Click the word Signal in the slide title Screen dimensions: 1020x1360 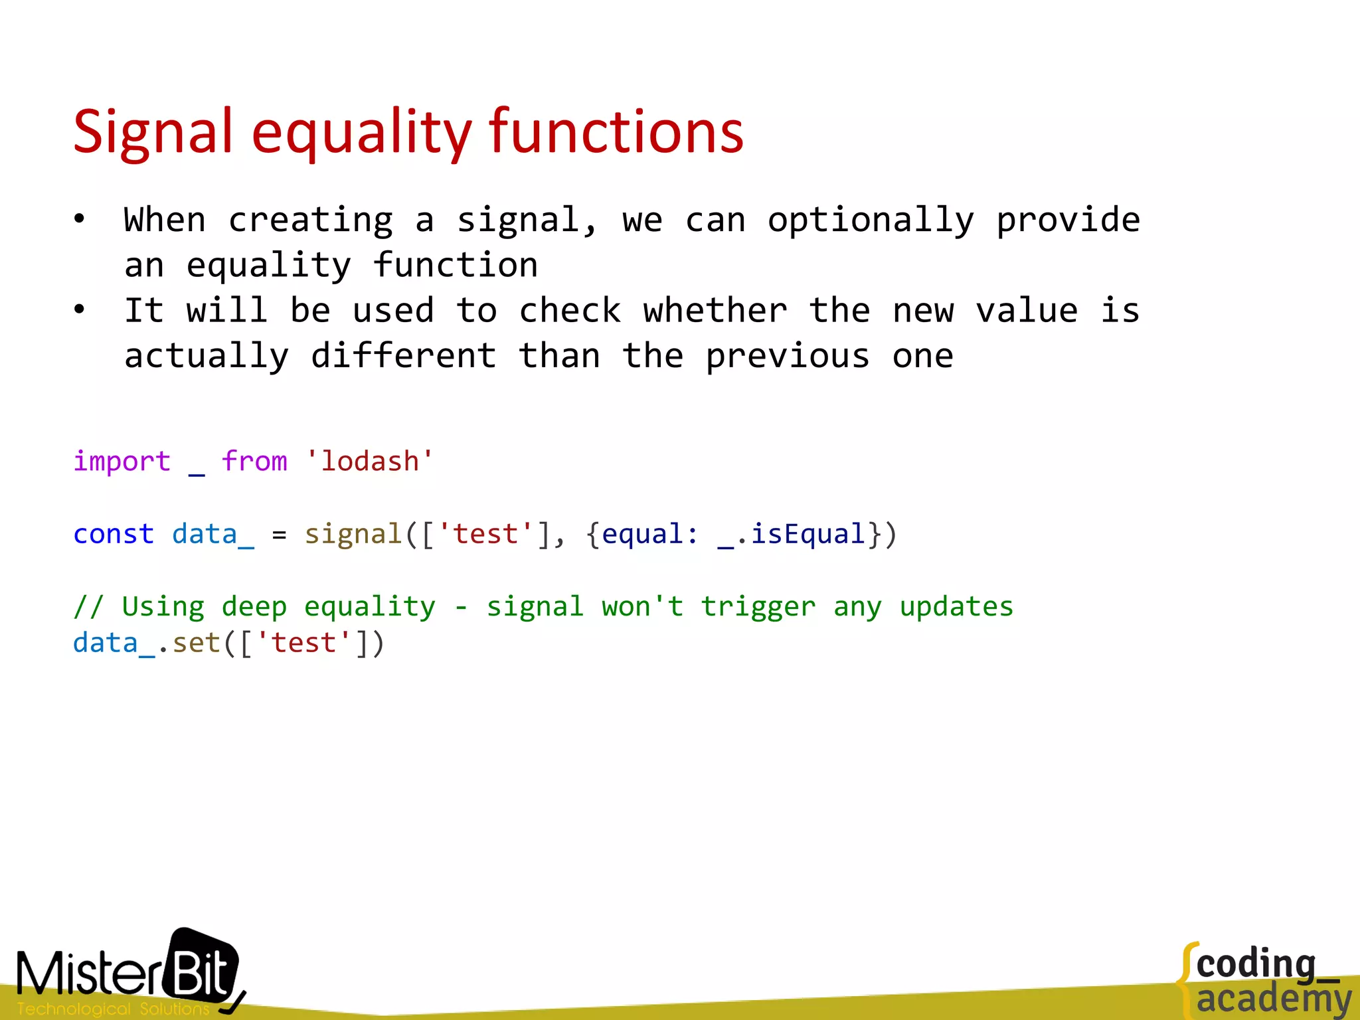(x=153, y=133)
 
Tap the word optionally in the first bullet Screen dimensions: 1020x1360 (x=871, y=221)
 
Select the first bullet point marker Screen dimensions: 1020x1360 (x=80, y=219)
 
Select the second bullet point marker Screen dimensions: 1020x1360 (x=80, y=309)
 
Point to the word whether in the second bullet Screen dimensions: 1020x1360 (x=715, y=311)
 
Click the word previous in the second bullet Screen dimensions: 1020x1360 (x=787, y=357)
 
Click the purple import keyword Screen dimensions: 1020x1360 (x=122, y=461)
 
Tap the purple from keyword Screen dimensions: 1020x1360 (x=254, y=461)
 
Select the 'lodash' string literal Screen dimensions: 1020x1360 (x=369, y=461)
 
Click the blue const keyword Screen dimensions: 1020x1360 (x=113, y=534)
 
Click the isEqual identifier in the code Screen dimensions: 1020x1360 (x=807, y=534)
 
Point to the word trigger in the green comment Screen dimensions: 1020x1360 (x=758, y=607)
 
